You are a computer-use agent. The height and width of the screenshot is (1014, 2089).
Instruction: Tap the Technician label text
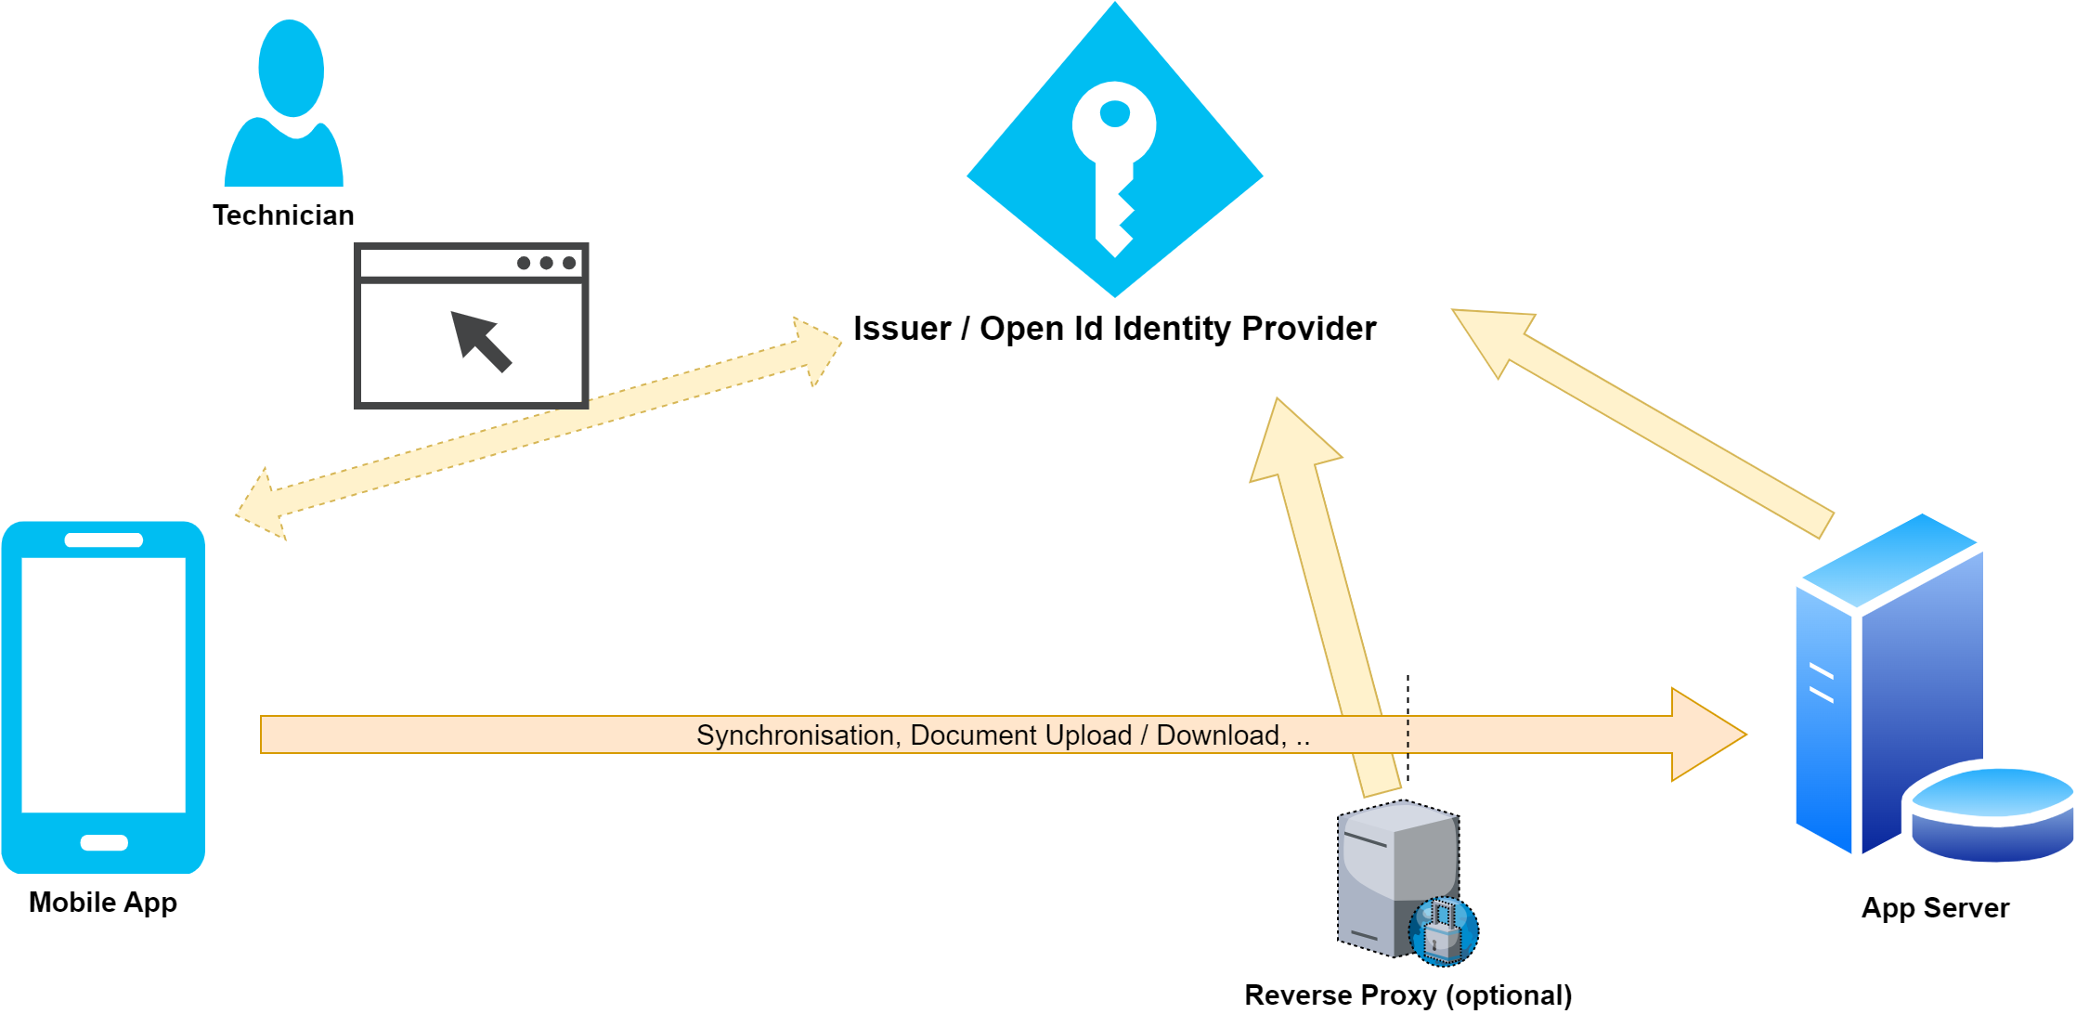coord(283,215)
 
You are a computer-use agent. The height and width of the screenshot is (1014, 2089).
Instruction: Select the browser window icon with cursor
coord(471,326)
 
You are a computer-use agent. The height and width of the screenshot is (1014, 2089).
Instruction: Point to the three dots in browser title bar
coord(546,263)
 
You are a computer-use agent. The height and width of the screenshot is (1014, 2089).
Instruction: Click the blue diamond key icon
coord(1114,149)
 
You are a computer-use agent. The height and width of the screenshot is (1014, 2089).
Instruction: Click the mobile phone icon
coord(103,696)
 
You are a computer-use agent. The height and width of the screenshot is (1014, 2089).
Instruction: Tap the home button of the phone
coord(104,843)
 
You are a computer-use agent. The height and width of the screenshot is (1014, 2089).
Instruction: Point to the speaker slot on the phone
coord(104,540)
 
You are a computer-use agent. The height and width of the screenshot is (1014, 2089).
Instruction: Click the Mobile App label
coord(103,903)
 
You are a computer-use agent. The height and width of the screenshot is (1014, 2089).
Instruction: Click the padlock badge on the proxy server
coord(1443,931)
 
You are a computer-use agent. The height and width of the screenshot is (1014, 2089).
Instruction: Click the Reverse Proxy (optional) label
coord(1408,995)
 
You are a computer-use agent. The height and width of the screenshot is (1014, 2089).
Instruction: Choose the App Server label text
coord(1935,908)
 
